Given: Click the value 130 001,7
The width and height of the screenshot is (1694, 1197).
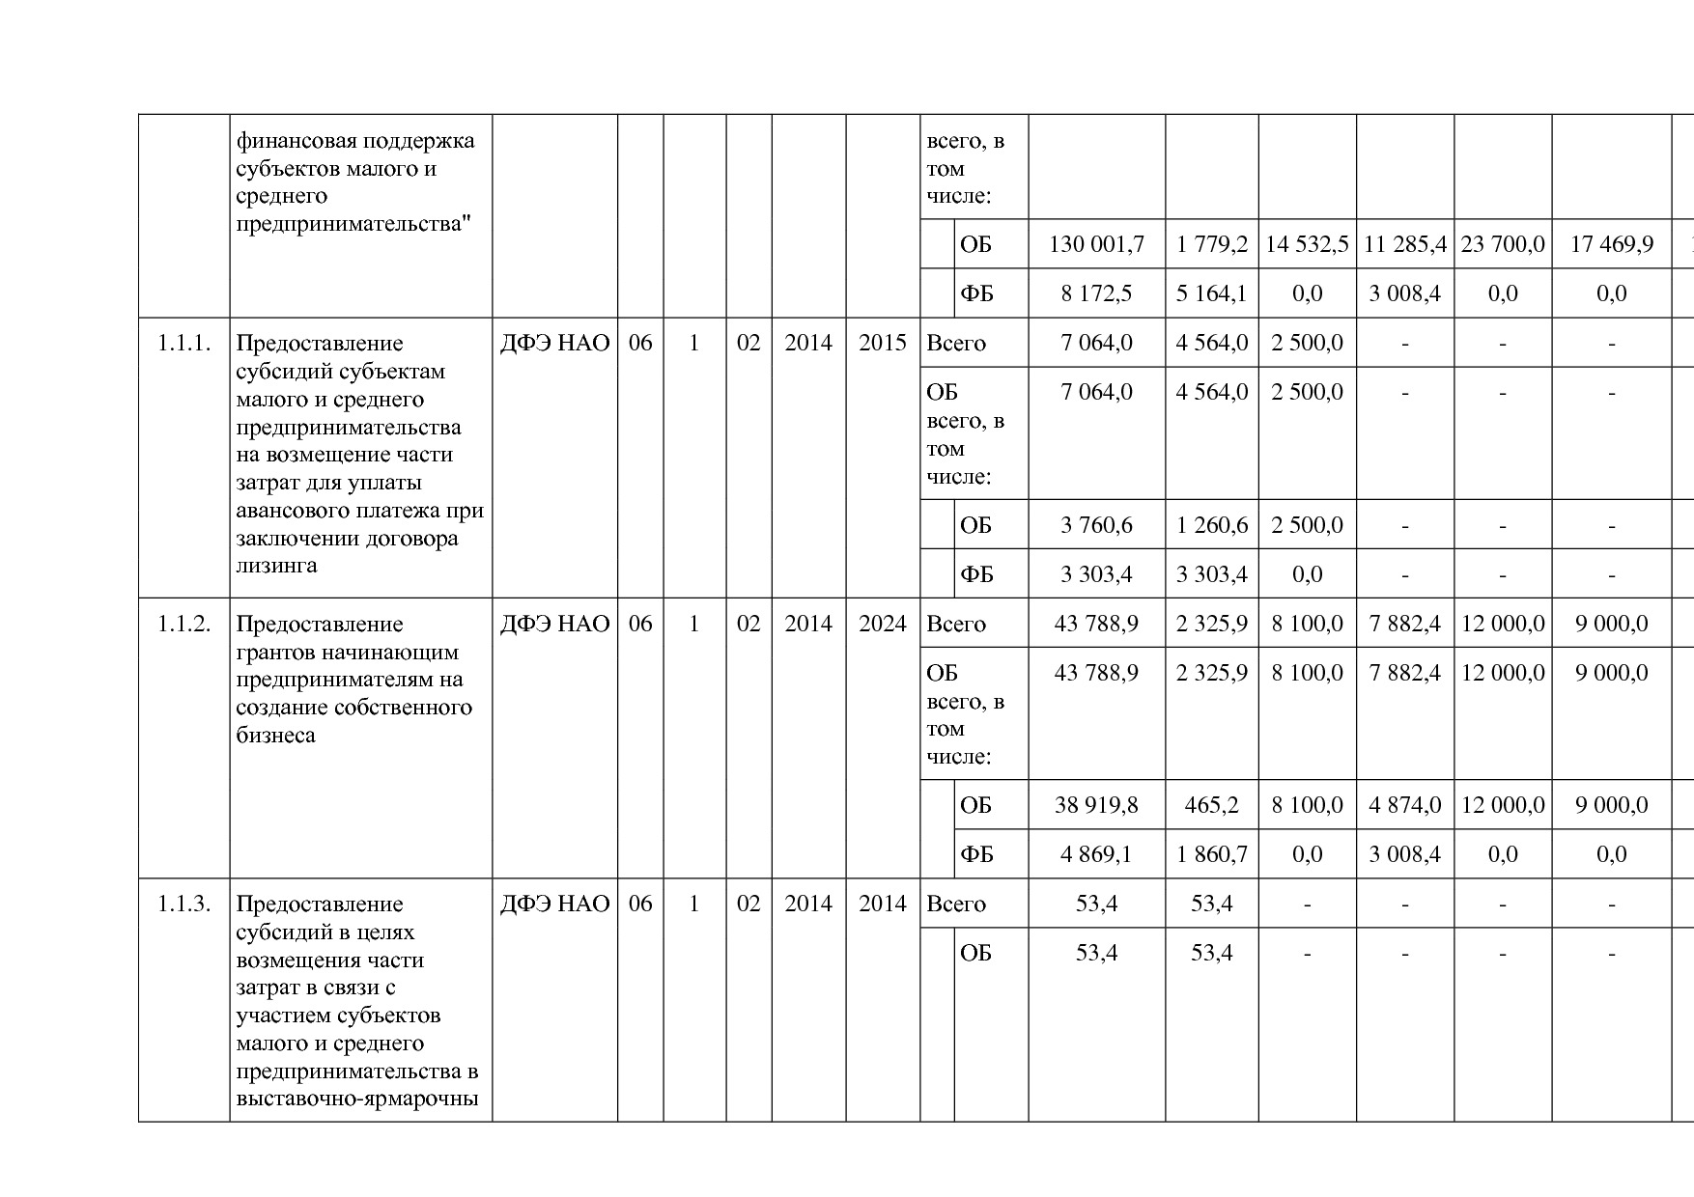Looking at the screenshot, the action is (1096, 245).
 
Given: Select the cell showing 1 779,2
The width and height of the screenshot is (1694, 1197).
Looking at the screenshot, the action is (1211, 245).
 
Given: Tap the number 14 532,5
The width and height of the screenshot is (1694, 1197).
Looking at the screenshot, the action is (1307, 245).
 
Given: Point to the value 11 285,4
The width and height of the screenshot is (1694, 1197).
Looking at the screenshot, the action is (1404, 245).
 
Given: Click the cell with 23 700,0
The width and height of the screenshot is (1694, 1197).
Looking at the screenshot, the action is (1503, 245).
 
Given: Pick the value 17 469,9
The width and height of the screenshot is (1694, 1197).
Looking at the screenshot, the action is (1611, 245).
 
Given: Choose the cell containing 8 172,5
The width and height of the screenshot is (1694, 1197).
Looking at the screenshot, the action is (1096, 294).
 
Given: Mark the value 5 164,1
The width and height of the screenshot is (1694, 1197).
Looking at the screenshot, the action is (1211, 294).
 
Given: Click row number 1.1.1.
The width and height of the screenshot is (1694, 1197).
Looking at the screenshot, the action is (184, 344).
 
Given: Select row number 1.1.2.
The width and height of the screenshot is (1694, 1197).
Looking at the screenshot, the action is (184, 625).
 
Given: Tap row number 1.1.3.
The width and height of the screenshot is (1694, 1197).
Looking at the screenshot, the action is (184, 905).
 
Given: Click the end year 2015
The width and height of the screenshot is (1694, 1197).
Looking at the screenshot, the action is (883, 344).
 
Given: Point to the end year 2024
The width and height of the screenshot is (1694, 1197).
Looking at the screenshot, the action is (883, 625).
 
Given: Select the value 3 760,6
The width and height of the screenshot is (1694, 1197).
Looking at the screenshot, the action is (1096, 526).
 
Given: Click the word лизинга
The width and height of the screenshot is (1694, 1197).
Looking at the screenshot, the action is (276, 566).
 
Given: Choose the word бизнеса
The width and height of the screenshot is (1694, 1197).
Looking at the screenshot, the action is (275, 736).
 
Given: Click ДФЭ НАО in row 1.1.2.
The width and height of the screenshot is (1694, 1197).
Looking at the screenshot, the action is (554, 625).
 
